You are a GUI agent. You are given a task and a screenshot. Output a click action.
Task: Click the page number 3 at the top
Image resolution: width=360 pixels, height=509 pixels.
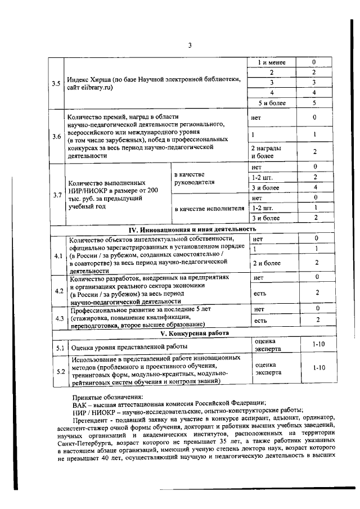(x=190, y=46)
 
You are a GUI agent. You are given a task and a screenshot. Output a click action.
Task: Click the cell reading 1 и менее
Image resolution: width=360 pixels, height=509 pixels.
(x=272, y=62)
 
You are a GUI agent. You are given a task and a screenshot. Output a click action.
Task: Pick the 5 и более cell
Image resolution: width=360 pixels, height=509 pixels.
(x=272, y=103)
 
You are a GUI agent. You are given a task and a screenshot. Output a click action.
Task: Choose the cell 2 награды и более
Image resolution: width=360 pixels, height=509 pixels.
(x=266, y=151)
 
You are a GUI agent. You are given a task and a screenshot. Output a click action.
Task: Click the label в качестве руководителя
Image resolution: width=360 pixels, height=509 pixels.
(x=194, y=178)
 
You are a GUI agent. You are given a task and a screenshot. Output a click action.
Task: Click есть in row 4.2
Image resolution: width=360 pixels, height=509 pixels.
(x=259, y=292)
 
